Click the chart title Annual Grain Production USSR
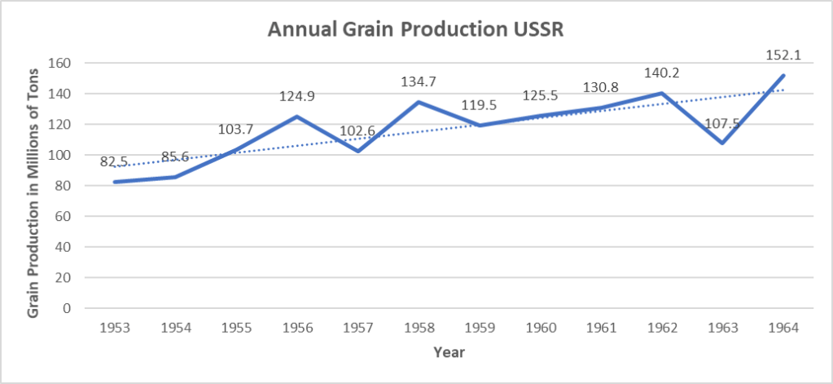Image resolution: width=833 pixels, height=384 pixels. pyautogui.click(x=416, y=31)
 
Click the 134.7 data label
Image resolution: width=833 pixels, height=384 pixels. pyautogui.click(x=419, y=82)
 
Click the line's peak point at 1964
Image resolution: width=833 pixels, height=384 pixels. pyautogui.click(x=784, y=76)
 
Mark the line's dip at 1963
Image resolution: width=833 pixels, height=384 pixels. pyautogui.click(x=723, y=143)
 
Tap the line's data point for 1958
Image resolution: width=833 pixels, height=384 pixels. pyautogui.click(x=419, y=102)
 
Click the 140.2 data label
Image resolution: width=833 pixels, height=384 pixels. pyautogui.click(x=662, y=73)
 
